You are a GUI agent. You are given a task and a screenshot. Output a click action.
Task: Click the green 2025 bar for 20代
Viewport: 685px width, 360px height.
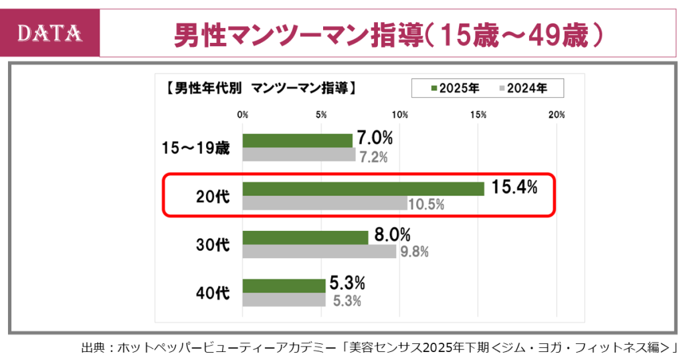click(363, 189)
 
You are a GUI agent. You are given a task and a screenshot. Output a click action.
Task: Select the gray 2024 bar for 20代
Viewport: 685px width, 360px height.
click(324, 203)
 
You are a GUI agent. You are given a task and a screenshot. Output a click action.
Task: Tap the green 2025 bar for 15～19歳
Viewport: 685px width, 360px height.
click(298, 141)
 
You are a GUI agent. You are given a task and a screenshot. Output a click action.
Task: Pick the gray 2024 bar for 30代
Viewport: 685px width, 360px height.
click(319, 252)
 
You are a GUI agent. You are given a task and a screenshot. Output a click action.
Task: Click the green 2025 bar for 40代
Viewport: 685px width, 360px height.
click(284, 286)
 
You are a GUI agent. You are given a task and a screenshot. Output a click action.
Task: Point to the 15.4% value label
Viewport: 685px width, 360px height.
click(514, 188)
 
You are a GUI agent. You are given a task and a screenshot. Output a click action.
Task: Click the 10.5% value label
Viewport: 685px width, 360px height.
click(426, 205)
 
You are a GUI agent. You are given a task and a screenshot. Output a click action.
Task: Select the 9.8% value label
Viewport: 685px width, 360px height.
click(414, 252)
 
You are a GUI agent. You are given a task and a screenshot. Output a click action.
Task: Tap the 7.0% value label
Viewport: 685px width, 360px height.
click(375, 139)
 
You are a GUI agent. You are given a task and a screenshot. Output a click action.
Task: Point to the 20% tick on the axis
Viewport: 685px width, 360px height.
click(557, 114)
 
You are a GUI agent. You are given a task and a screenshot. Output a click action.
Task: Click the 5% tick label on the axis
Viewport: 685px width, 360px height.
click(321, 114)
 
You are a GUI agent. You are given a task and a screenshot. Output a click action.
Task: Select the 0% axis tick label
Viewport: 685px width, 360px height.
click(243, 114)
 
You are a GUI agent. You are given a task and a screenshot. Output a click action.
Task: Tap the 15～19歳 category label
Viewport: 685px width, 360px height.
click(196, 148)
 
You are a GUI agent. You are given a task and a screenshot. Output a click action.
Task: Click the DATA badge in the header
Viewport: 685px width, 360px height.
click(50, 33)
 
